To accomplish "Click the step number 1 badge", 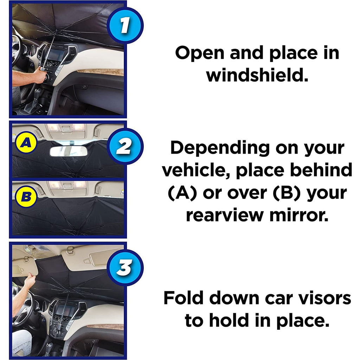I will [124, 26].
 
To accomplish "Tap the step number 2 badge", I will [124, 147].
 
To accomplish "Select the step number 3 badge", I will [124, 268].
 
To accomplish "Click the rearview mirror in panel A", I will [68, 151].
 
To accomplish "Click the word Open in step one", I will [199, 53].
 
